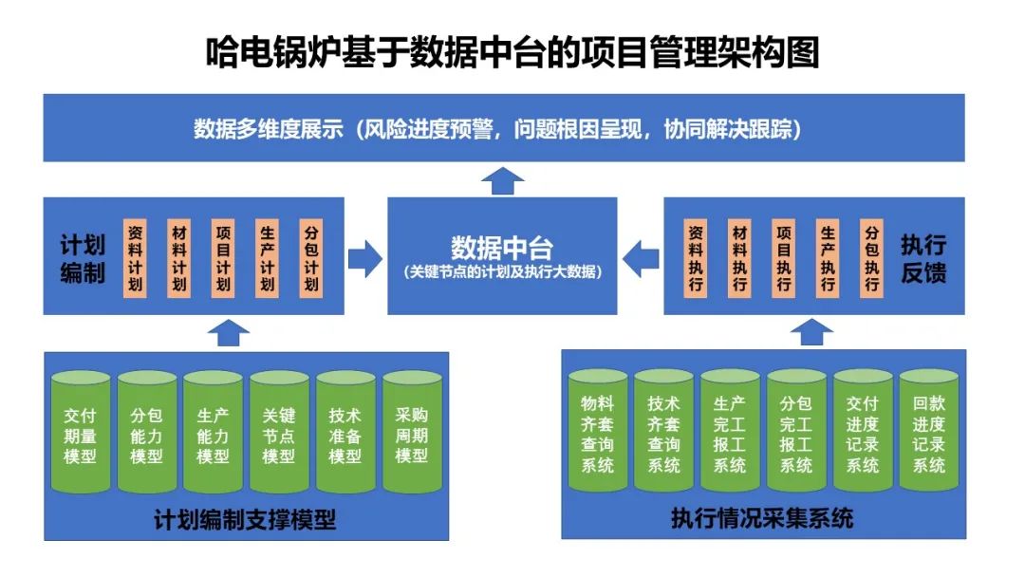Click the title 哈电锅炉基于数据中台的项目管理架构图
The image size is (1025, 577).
[512, 53]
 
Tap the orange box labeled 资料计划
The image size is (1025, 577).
[135, 258]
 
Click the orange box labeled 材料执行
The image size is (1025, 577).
[739, 258]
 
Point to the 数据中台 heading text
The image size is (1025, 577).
[502, 249]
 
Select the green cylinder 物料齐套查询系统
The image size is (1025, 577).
[597, 433]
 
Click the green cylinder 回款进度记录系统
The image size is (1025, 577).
[929, 433]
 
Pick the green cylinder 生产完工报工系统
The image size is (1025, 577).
[730, 433]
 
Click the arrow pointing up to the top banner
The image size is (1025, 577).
[503, 179]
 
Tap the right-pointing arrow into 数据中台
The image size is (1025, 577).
[365, 257]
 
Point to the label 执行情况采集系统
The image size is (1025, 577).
[762, 518]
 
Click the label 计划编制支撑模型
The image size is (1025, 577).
[245, 520]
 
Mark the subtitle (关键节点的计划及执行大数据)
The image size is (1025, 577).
[503, 272]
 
